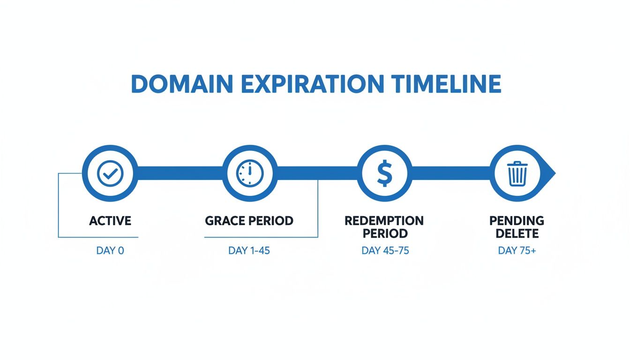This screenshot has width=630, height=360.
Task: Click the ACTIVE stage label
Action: (x=110, y=220)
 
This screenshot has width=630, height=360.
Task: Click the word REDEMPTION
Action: (x=384, y=220)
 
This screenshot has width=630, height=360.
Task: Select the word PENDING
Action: (x=517, y=220)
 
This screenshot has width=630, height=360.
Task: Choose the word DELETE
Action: (x=517, y=233)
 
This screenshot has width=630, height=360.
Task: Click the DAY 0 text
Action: (x=110, y=251)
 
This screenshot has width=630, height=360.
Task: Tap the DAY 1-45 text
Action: (x=249, y=251)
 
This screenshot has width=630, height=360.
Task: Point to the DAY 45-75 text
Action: (x=385, y=251)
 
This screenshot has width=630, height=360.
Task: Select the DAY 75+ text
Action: (x=517, y=251)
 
